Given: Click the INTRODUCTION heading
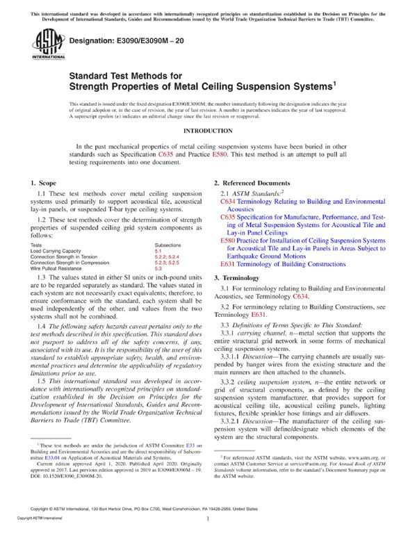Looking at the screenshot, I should click(x=208, y=131).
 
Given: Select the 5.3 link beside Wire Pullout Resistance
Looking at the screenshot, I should click(x=158, y=268).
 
